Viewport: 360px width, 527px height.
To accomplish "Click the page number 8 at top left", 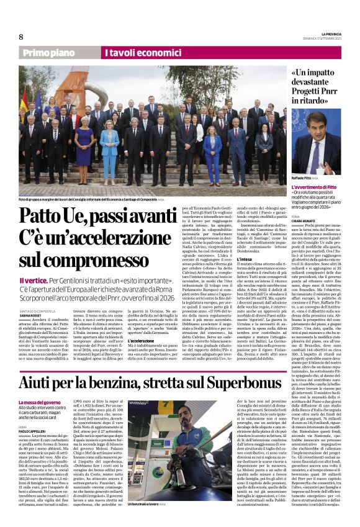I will [x=20, y=37].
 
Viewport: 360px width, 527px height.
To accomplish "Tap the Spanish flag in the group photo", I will [x=25, y=100].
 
